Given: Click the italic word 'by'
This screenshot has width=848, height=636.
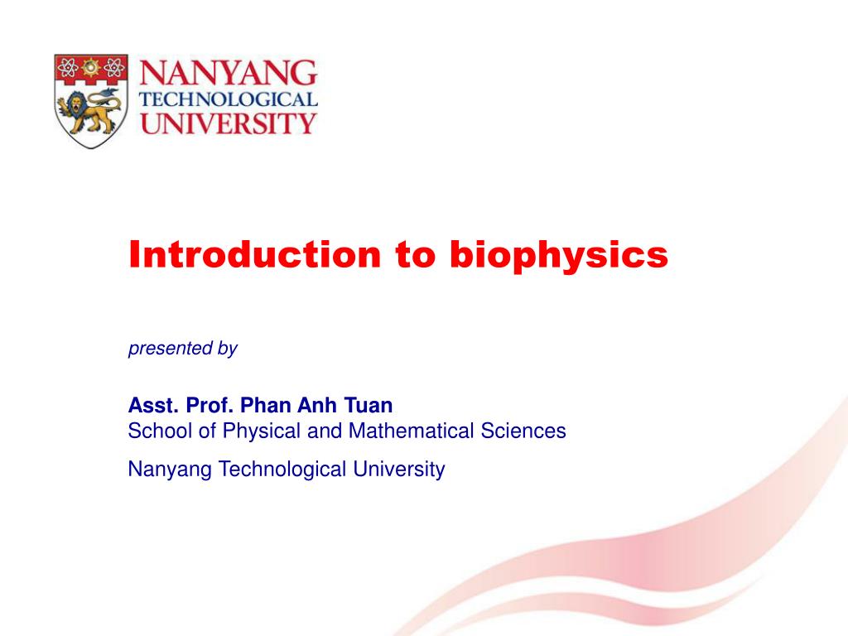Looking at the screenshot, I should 228,349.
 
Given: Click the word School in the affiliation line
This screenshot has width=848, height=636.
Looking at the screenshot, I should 155,431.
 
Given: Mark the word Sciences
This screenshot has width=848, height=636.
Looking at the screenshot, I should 526,431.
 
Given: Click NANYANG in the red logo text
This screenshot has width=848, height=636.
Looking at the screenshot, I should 228,75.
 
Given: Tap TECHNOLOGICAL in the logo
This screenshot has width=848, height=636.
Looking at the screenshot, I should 228,101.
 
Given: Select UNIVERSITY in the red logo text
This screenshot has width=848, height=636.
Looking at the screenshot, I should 228,124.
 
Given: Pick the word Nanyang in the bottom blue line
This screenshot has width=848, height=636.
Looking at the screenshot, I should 166,470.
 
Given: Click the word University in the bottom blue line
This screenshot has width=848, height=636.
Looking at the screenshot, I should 399,470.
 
